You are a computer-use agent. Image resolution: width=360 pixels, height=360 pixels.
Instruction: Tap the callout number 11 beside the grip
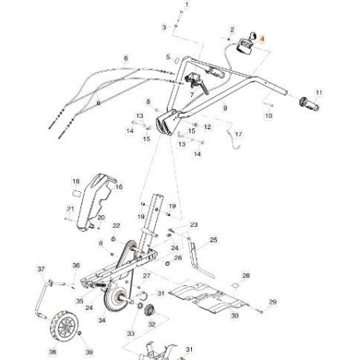(x=319, y=92)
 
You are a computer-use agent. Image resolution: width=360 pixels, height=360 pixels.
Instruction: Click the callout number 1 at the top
(x=189, y=5)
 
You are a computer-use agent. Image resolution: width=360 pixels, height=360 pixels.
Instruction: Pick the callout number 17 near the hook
(x=239, y=135)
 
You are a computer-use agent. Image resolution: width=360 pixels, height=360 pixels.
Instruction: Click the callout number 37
(x=41, y=270)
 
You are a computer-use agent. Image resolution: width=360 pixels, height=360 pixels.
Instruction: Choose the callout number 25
(x=213, y=240)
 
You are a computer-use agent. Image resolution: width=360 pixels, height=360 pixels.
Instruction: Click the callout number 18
(x=76, y=182)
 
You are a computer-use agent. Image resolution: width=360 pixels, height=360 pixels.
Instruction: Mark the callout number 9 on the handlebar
(x=225, y=108)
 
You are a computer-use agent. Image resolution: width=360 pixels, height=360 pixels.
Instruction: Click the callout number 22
(x=117, y=225)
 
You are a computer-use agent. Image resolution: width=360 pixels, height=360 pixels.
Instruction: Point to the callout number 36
(x=76, y=265)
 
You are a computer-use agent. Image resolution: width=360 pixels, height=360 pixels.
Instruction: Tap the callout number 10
(x=268, y=116)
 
